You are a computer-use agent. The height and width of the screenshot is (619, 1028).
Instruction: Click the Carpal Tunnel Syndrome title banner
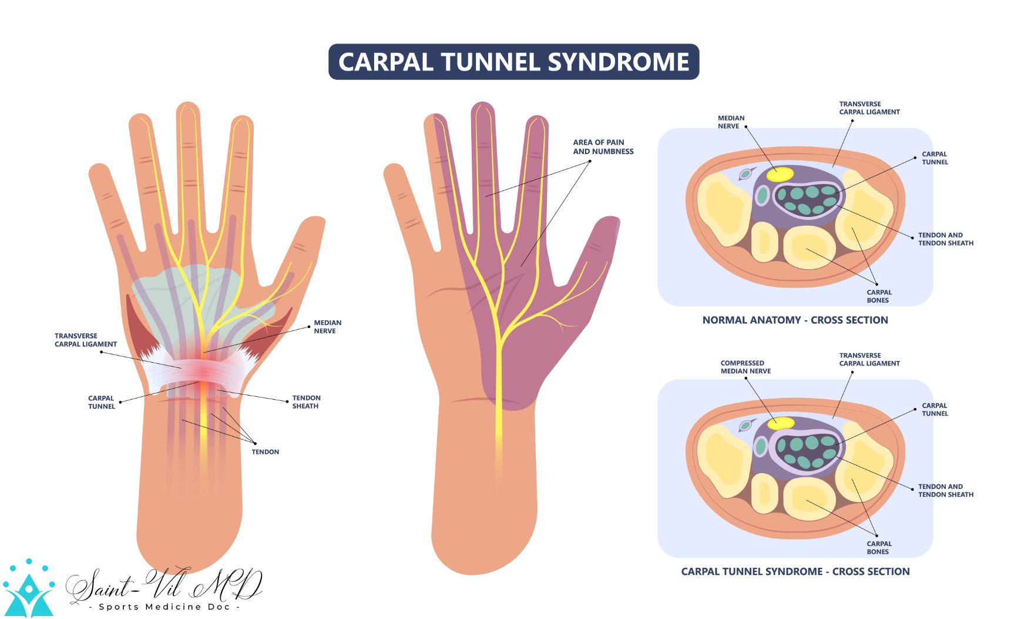[x=513, y=62]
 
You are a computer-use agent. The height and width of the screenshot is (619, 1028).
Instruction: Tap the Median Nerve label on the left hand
[x=327, y=327]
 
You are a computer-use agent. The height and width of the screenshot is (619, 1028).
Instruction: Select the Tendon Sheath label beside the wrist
[x=306, y=402]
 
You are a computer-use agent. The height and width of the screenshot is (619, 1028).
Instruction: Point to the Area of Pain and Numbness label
[x=603, y=147]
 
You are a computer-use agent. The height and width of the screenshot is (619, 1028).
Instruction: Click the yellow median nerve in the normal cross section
[x=780, y=174]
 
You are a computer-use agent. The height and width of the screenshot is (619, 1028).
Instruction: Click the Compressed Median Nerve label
[x=745, y=367]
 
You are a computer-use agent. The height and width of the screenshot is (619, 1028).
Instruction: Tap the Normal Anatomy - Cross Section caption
[x=795, y=320]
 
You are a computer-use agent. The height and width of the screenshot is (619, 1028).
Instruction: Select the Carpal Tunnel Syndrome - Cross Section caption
[x=795, y=571]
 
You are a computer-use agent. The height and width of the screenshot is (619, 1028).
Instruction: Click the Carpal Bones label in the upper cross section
[x=879, y=296]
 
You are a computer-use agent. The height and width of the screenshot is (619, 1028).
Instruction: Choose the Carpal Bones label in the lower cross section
[x=879, y=548]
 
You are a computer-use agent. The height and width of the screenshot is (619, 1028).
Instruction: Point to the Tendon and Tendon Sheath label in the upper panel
[x=945, y=239]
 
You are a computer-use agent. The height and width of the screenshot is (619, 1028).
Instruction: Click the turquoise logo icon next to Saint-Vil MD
[x=28, y=590]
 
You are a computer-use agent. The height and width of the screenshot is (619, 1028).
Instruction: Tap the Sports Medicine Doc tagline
[x=164, y=607]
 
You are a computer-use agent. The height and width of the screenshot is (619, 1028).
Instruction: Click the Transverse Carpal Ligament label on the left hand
[x=85, y=340]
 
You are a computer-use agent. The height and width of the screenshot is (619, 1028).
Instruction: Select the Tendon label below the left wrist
[x=265, y=452]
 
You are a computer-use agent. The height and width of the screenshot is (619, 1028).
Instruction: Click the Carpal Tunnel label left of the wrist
[x=101, y=402]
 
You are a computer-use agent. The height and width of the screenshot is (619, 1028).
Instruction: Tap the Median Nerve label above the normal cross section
[x=731, y=122]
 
